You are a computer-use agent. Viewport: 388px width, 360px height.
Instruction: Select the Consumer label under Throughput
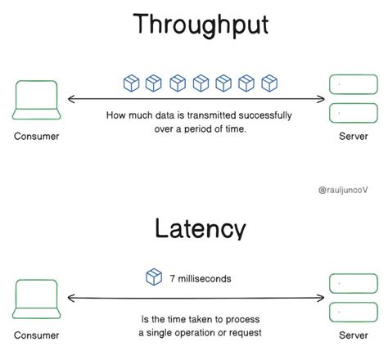tap(37, 136)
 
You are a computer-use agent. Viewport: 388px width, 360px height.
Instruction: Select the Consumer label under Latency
tap(37, 335)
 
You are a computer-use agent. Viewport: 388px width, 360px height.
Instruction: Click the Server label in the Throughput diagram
tap(353, 136)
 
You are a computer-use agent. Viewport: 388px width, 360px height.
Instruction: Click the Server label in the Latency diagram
tap(353, 335)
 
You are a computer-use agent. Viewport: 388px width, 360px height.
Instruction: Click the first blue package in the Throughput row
tap(130, 83)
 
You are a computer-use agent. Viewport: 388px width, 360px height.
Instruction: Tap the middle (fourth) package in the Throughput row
tap(199, 83)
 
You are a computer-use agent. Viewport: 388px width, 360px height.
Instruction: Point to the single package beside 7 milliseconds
tap(153, 277)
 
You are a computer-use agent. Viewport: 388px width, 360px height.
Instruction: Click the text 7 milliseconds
tap(201, 278)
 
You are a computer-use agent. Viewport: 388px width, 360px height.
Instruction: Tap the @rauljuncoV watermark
tap(345, 189)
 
